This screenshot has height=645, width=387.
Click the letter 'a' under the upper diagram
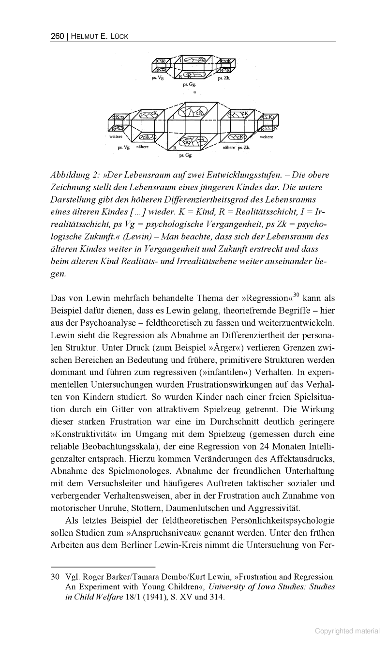(194, 91)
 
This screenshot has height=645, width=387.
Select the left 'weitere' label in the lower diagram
(116, 137)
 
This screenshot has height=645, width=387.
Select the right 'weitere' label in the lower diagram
(267, 137)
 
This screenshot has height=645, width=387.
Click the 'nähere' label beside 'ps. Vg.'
(142, 147)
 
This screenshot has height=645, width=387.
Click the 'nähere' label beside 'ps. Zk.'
(228, 147)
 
